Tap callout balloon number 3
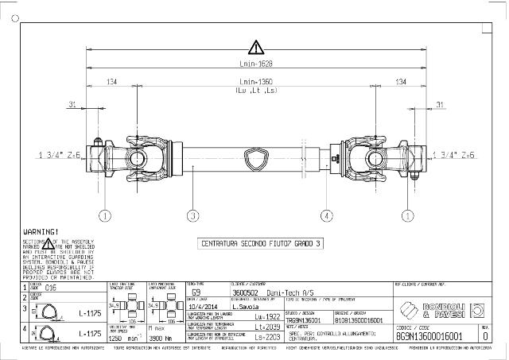pos(192,215)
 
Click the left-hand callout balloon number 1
pos(104,215)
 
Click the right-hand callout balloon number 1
pos(408,215)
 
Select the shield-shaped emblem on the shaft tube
pos(255,164)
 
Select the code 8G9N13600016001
pos(429,336)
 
